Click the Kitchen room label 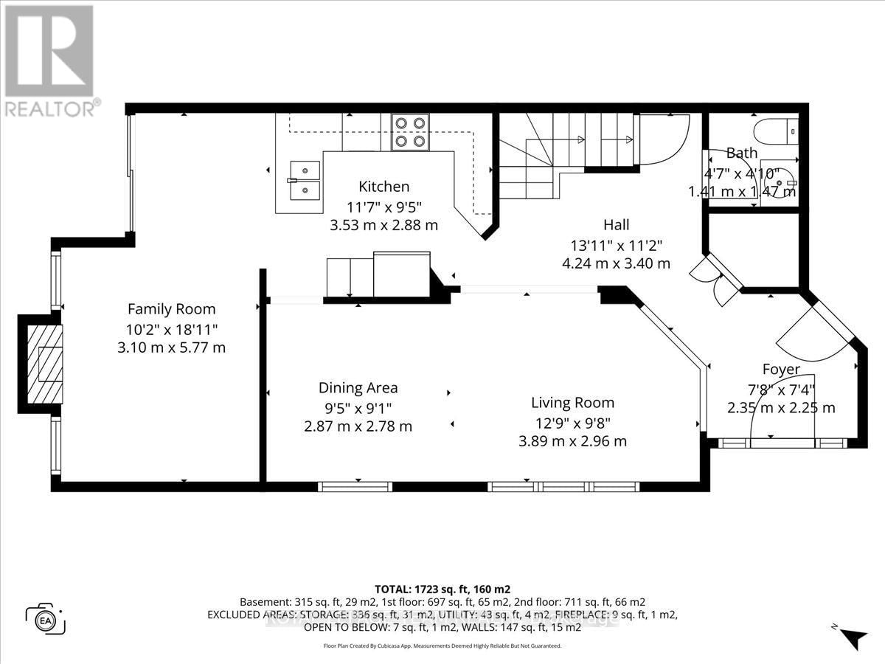click(383, 187)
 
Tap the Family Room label click(171, 309)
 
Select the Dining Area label click(358, 388)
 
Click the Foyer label click(781, 370)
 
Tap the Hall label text click(616, 224)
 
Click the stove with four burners click(410, 132)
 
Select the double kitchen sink click(304, 181)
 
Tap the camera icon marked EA click(45, 618)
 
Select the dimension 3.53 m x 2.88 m click(383, 224)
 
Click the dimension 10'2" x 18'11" click(171, 328)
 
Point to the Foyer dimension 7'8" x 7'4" click(781, 389)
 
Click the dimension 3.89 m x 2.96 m click(572, 441)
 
